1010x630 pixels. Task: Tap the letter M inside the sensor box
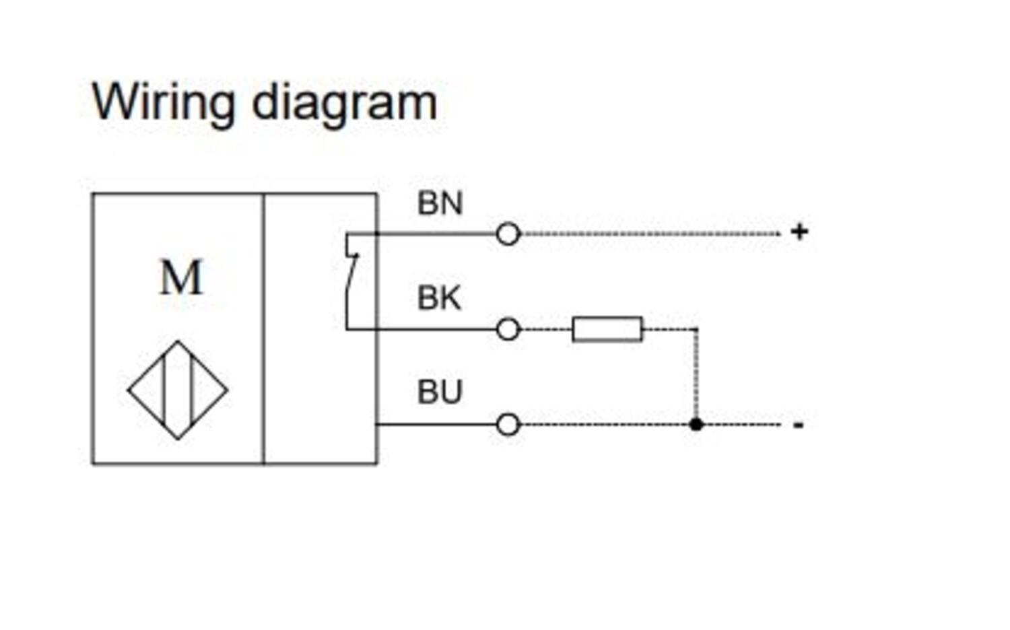(x=180, y=277)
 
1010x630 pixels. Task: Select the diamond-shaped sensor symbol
(x=178, y=390)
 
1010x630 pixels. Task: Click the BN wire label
(x=440, y=203)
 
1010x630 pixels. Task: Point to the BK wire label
(x=439, y=298)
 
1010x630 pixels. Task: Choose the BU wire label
(x=440, y=392)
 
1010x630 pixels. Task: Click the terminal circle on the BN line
(x=508, y=234)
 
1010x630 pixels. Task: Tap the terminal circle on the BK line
(x=508, y=330)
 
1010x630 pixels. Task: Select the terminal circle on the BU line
(x=508, y=425)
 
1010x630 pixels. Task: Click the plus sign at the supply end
(x=799, y=232)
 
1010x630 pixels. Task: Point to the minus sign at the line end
(x=799, y=425)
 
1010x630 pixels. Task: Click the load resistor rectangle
(x=607, y=329)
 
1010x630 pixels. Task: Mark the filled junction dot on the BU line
(x=696, y=425)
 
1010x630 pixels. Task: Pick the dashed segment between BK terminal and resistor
(x=546, y=330)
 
